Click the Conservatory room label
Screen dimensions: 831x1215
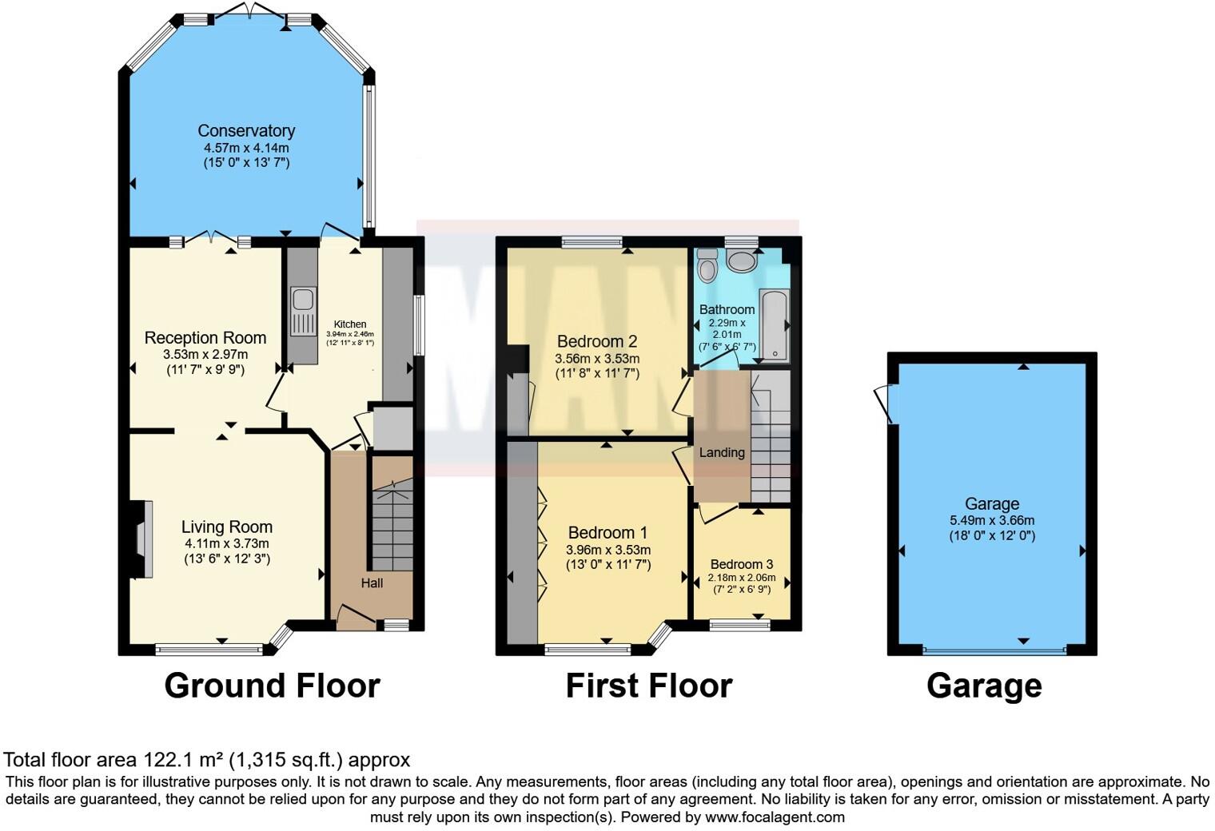pyautogui.click(x=246, y=130)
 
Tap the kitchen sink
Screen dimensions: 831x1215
pyautogui.click(x=303, y=300)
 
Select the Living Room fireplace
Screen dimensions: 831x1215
pyautogui.click(x=141, y=539)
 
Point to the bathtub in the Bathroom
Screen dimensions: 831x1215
pyautogui.click(x=774, y=326)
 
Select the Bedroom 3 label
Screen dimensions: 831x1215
pyautogui.click(x=741, y=564)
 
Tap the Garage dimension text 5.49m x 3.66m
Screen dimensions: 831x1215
pyautogui.click(x=991, y=520)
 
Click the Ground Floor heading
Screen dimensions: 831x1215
pyautogui.click(x=272, y=686)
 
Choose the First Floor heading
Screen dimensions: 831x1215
pyautogui.click(x=648, y=686)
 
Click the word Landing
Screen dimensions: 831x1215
pyautogui.click(x=722, y=452)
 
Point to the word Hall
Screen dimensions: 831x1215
pyautogui.click(x=372, y=583)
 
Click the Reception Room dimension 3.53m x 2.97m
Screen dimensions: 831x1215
pyautogui.click(x=205, y=355)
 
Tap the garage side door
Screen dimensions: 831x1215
pyautogui.click(x=886, y=404)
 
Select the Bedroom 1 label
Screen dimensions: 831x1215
pyautogui.click(x=607, y=532)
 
